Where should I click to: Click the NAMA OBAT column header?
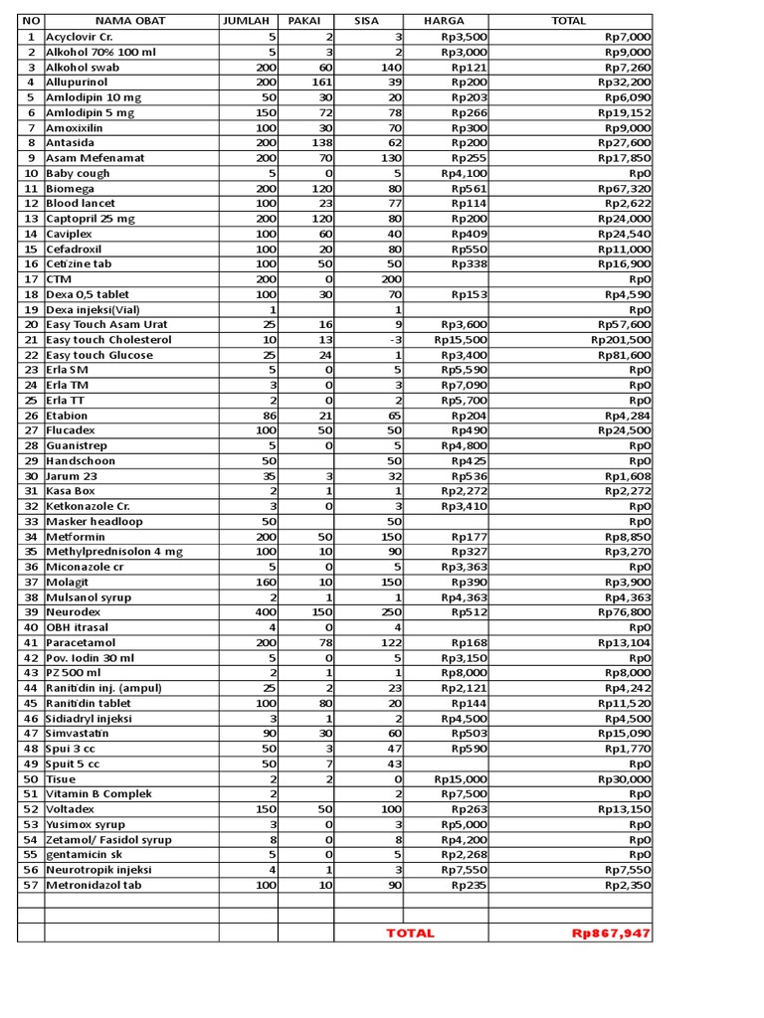131,21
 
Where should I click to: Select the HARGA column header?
443,21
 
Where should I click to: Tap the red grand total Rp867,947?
611,933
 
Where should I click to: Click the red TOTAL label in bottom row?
411,933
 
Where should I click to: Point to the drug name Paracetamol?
81,642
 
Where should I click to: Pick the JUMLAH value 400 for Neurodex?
263,612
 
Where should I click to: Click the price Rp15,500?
461,340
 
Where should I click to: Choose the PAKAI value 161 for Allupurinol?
318,82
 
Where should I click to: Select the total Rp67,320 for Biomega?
625,188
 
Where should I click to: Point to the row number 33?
31,521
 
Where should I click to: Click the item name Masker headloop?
94,521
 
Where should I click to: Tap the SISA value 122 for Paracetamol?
391,642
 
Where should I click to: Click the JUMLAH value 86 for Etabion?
267,416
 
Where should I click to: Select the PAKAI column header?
304,21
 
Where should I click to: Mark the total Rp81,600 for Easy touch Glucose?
625,355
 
